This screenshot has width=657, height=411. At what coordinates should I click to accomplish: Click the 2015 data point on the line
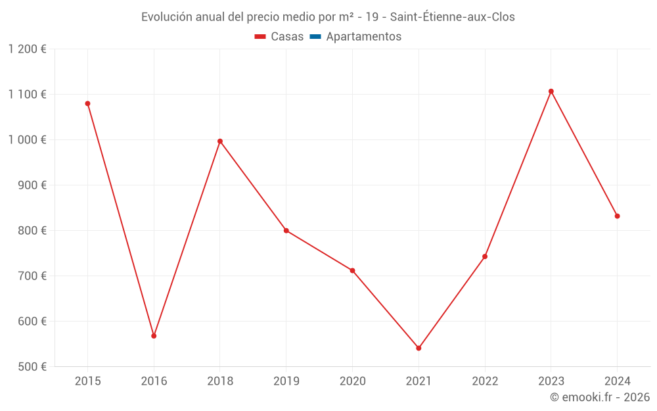(87, 103)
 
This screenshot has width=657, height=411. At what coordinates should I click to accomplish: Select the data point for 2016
(154, 336)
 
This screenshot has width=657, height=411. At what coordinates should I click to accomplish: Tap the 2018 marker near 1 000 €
(220, 141)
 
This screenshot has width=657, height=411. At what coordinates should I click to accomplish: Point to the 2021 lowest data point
(419, 348)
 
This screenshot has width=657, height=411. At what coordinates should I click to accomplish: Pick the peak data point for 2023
(551, 91)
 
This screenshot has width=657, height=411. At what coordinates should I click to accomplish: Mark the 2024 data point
(617, 216)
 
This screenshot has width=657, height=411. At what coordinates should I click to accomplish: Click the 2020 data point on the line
(352, 270)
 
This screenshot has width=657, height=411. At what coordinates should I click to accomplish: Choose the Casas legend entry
(279, 37)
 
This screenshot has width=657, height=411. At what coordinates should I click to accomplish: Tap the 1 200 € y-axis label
(27, 49)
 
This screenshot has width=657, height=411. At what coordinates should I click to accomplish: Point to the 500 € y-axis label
(34, 367)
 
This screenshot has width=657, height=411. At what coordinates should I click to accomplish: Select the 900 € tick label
(34, 185)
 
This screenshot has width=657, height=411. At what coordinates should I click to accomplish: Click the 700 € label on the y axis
(34, 276)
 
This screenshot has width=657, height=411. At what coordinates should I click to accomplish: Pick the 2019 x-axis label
(286, 381)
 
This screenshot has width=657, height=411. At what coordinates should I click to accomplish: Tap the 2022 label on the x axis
(485, 381)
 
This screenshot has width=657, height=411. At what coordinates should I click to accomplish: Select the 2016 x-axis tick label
(154, 381)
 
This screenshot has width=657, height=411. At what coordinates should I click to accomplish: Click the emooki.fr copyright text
(600, 397)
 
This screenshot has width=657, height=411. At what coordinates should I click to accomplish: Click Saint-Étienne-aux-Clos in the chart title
(453, 17)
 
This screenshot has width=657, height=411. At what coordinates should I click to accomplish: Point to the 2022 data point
(485, 256)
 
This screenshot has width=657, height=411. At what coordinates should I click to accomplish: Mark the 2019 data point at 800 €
(286, 230)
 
